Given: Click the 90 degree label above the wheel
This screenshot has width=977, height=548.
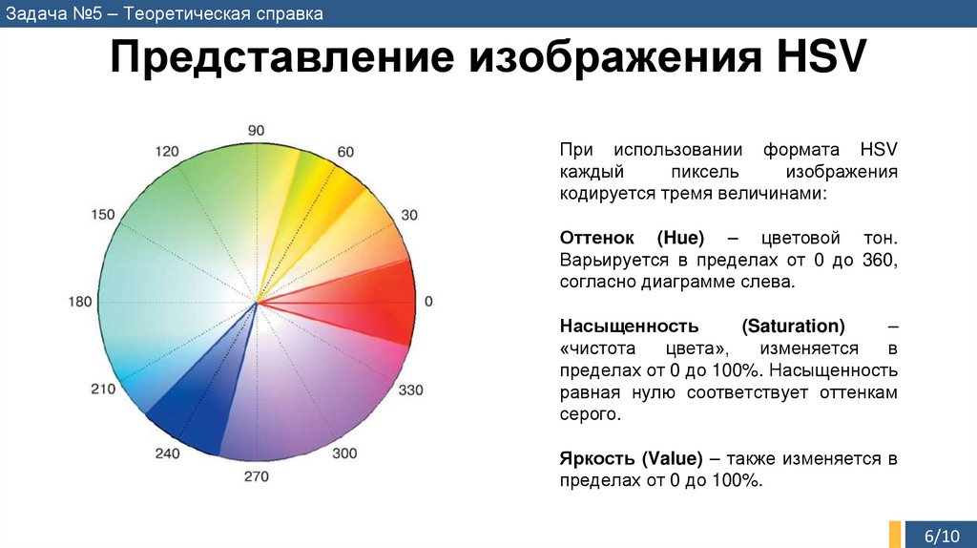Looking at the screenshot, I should click(256, 130).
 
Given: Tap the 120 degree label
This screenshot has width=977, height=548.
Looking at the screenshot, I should click(167, 152).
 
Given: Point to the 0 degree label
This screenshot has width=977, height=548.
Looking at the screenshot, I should click(428, 302).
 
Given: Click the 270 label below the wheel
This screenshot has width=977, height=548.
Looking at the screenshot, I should click(257, 476).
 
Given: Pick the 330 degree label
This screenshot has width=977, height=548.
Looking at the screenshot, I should click(410, 390).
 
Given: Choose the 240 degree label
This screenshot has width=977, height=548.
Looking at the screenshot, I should click(167, 453).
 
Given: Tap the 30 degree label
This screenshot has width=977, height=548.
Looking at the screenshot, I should click(409, 215).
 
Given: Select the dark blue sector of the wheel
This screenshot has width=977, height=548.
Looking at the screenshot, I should click(191, 401).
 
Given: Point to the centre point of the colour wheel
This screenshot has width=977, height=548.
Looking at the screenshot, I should click(257, 303).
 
